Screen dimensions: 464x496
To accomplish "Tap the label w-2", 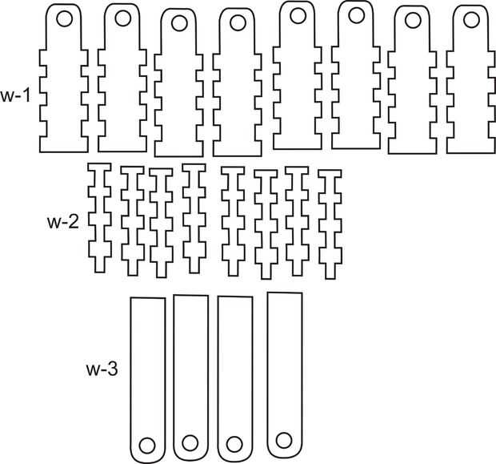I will point(62,222).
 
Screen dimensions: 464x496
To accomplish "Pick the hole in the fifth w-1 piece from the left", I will point(297,15).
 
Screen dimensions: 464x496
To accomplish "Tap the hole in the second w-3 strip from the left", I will point(190,442).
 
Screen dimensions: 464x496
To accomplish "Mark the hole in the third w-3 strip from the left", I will point(234,443).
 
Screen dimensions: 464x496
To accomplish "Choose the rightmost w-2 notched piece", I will point(329,222).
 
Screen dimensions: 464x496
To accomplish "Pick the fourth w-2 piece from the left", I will point(192,216).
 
